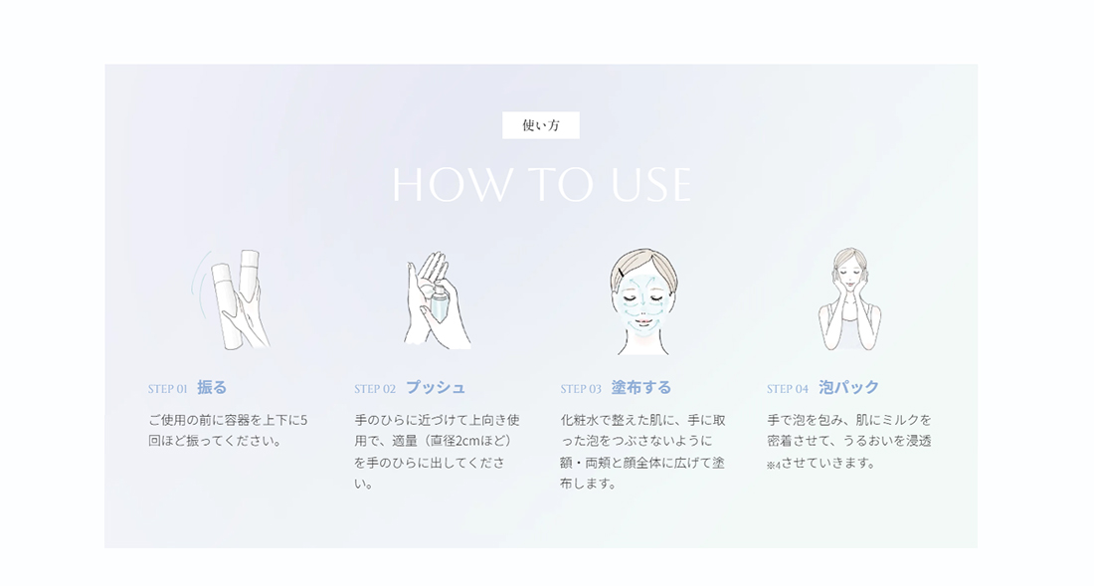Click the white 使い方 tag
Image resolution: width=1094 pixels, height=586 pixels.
click(x=540, y=125)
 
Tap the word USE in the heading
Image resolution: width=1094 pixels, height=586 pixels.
click(x=646, y=185)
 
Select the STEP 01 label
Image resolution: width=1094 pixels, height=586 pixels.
click(x=167, y=389)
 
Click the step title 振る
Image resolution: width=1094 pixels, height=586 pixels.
click(x=212, y=388)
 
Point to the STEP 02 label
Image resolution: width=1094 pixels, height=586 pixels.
click(x=375, y=389)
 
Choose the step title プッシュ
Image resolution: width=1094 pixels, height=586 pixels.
click(x=435, y=388)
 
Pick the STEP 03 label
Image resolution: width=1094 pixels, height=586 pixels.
click(x=581, y=389)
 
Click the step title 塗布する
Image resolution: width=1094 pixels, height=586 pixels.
click(x=641, y=388)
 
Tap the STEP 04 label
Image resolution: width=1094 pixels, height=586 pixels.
click(x=787, y=389)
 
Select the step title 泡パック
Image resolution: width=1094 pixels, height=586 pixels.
click(x=848, y=388)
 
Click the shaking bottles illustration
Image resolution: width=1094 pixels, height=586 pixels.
click(x=232, y=298)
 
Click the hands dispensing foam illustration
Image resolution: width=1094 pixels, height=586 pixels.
click(x=437, y=299)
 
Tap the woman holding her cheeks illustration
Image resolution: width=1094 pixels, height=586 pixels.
click(x=849, y=299)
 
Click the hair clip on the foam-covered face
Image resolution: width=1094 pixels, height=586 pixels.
click(x=622, y=271)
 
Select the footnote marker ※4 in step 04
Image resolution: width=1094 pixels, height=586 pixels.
click(x=773, y=465)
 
